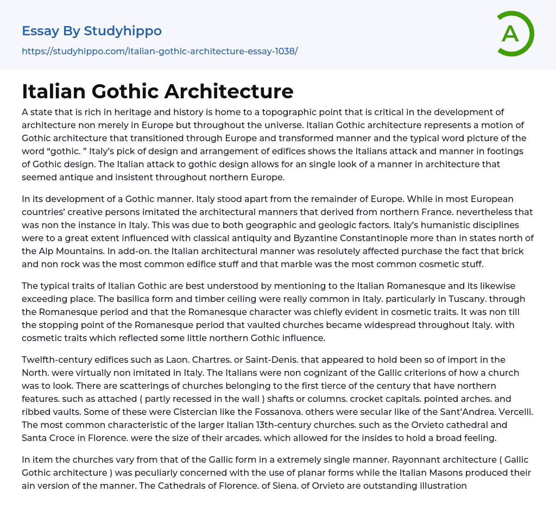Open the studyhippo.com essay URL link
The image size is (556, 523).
coord(160,52)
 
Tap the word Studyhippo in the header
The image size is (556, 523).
coord(123,31)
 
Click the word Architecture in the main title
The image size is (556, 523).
coord(229,92)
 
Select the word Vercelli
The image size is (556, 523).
coord(514,412)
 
